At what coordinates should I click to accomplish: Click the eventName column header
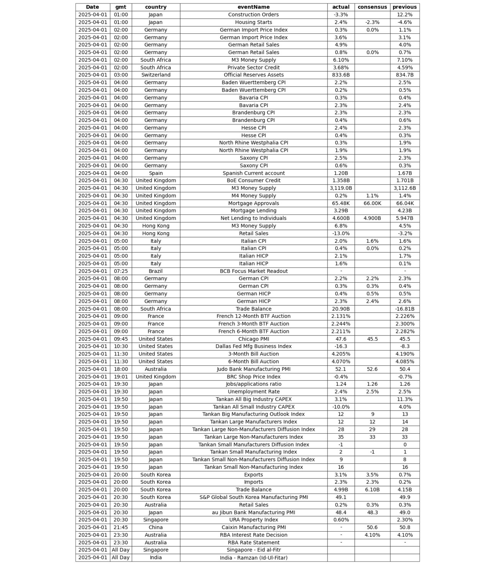pyautogui.click(x=253, y=7)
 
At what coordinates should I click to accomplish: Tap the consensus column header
pyautogui.click(x=372, y=7)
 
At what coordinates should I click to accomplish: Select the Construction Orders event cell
pyautogui.click(x=253, y=15)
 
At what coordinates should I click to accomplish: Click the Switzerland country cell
pyautogui.click(x=156, y=75)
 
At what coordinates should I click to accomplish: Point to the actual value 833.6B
pyautogui.click(x=341, y=75)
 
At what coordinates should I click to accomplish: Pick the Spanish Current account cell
pyautogui.click(x=253, y=173)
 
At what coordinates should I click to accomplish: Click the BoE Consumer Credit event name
pyautogui.click(x=253, y=180)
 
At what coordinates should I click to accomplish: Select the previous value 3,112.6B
pyautogui.click(x=405, y=188)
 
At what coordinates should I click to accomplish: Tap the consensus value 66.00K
pyautogui.click(x=372, y=203)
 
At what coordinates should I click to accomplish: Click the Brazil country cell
pyautogui.click(x=156, y=271)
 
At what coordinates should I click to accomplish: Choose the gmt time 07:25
pyautogui.click(x=121, y=271)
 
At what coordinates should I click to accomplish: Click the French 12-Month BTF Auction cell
pyautogui.click(x=253, y=316)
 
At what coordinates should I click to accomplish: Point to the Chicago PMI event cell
pyautogui.click(x=253, y=339)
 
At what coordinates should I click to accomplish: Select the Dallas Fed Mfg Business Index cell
pyautogui.click(x=253, y=346)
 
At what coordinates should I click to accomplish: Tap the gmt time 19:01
pyautogui.click(x=121, y=377)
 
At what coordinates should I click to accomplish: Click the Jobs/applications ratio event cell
pyautogui.click(x=253, y=384)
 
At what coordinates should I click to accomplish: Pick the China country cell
pyautogui.click(x=156, y=527)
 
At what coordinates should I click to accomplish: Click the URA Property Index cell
pyautogui.click(x=253, y=520)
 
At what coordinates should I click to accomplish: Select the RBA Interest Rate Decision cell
pyautogui.click(x=253, y=535)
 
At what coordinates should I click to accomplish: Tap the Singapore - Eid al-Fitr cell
pyautogui.click(x=253, y=550)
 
